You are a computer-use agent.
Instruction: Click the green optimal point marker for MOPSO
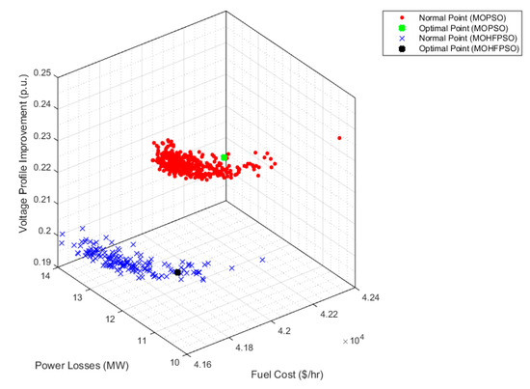coord(225,157)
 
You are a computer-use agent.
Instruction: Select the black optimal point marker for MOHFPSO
coord(178,273)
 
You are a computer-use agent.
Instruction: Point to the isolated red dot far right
coord(340,138)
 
